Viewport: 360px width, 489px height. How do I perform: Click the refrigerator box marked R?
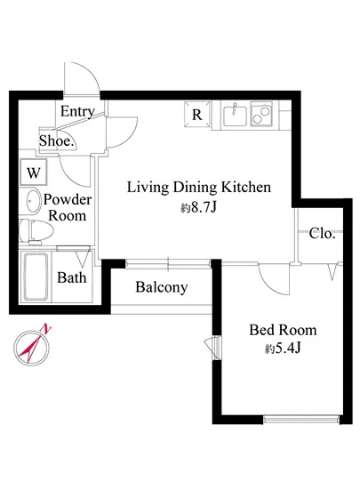(197, 115)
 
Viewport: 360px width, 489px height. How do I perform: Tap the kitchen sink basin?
(235, 116)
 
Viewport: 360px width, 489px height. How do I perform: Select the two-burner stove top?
(261, 115)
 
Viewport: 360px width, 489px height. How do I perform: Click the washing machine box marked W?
(34, 172)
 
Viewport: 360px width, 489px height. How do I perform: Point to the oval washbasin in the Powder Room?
(32, 201)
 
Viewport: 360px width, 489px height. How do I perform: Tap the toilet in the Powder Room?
(35, 231)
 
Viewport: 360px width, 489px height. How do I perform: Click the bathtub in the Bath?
(36, 277)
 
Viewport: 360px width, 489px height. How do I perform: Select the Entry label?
(77, 111)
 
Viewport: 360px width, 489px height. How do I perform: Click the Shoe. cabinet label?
(57, 140)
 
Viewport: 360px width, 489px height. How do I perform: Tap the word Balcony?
(162, 287)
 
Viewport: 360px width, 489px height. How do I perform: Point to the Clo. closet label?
(322, 233)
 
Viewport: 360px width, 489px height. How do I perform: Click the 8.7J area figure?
(204, 207)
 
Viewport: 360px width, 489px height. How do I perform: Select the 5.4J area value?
(287, 349)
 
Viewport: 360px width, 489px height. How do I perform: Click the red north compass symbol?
(32, 348)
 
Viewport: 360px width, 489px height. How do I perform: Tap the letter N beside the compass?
(46, 329)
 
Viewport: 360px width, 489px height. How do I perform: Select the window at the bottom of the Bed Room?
(301, 419)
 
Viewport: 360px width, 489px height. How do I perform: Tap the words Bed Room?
(283, 330)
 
